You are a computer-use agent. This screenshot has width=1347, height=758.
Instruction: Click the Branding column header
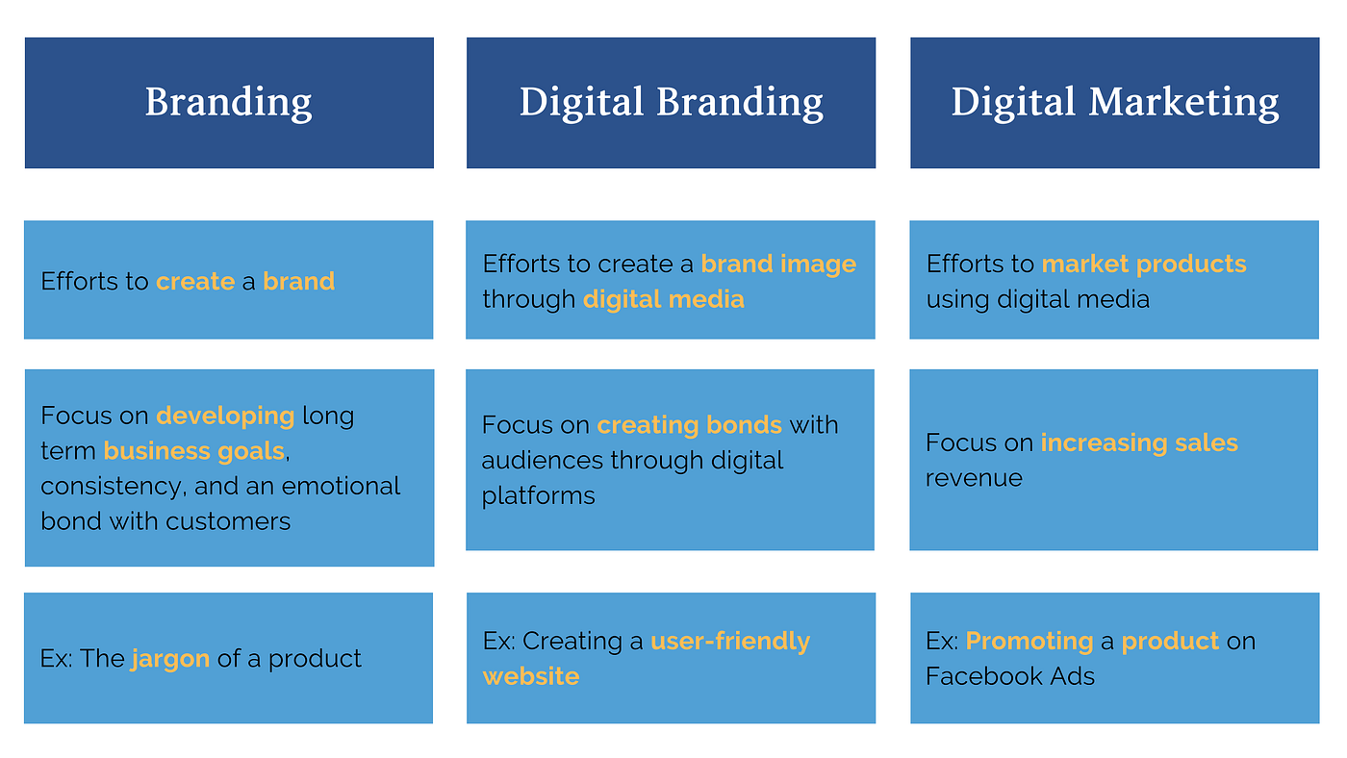point(229,102)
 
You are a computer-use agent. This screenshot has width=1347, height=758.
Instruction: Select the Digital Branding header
point(671,102)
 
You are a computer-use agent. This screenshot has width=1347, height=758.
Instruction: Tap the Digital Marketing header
point(1114,102)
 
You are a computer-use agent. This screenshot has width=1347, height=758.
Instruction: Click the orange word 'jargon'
point(170,659)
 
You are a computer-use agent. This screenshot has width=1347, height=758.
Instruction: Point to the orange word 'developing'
point(225,416)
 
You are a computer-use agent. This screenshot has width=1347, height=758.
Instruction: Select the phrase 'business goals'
point(193,451)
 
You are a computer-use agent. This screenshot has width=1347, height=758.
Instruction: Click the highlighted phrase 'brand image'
point(778,264)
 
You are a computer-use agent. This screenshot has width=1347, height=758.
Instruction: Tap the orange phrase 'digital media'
point(663,299)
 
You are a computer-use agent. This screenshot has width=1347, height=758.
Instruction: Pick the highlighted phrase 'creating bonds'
point(689,425)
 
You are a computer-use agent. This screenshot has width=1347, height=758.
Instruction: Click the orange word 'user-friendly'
point(730,641)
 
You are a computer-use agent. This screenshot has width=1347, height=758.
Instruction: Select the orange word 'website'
point(531,676)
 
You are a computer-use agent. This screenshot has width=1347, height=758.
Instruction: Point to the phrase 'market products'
point(1143,264)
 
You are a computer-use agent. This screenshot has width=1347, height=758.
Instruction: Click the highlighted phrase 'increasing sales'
point(1139,442)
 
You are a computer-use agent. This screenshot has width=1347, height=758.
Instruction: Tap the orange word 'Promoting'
point(1029,641)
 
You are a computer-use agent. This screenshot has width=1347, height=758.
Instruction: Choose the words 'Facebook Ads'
point(1010,676)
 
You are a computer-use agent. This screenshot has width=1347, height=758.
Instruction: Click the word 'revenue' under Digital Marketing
point(974,478)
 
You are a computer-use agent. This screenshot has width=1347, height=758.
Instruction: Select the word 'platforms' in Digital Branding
point(538,496)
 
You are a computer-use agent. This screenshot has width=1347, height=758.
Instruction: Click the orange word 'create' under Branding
point(195,281)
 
